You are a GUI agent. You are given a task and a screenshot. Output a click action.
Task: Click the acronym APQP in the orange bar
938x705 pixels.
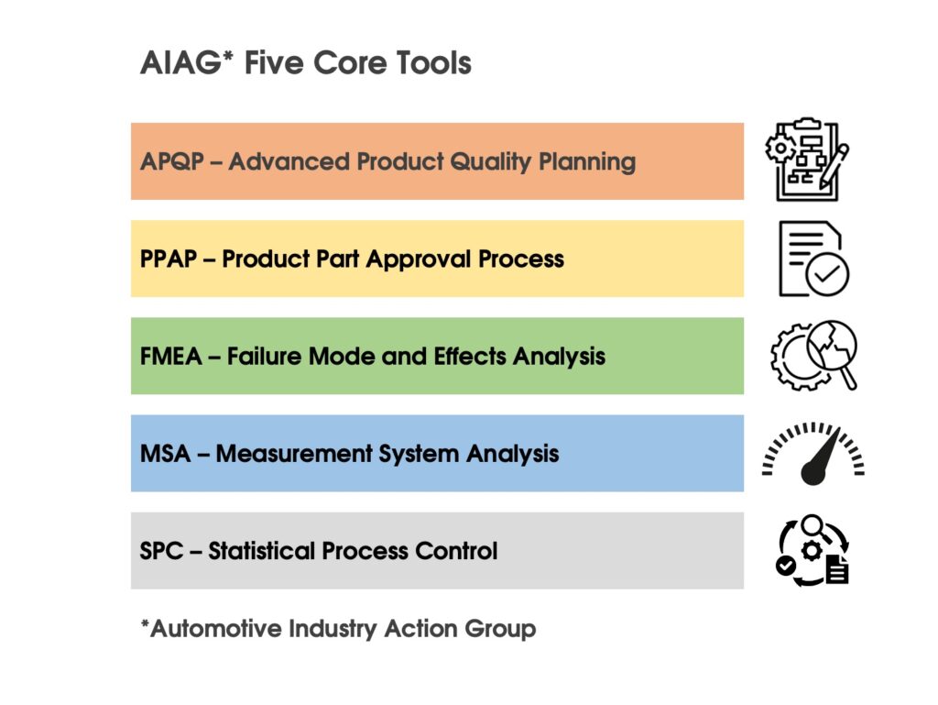[172, 161]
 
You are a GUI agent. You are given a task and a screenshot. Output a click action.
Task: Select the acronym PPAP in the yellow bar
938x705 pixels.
[169, 259]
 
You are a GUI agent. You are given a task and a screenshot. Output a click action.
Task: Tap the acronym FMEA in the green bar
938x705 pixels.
[171, 357]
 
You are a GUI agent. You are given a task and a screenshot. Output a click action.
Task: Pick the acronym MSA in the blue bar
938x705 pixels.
[165, 454]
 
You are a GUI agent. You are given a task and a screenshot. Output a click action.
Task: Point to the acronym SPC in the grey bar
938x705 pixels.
[161, 551]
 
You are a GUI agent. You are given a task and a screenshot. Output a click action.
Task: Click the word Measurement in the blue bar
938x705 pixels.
[294, 454]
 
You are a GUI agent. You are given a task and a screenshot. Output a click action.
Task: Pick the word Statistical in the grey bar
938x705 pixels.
[260, 551]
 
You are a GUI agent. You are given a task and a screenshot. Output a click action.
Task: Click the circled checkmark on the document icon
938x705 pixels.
[827, 274]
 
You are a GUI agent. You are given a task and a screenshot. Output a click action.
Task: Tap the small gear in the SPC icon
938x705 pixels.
[812, 550]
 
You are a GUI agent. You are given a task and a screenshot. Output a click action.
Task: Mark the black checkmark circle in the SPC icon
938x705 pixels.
[785, 565]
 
